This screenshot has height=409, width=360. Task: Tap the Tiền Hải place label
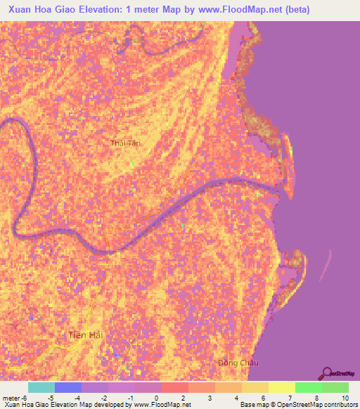pos(86,335)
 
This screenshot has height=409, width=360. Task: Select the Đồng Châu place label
pos(238,363)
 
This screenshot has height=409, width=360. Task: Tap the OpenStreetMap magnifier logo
pos(328,375)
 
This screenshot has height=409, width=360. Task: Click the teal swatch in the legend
pos(41,387)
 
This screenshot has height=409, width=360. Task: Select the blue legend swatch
pos(67,387)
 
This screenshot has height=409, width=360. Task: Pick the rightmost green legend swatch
pos(335,387)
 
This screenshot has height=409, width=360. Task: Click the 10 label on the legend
pos(345,397)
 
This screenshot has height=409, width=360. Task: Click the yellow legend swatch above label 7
pos(281,387)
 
